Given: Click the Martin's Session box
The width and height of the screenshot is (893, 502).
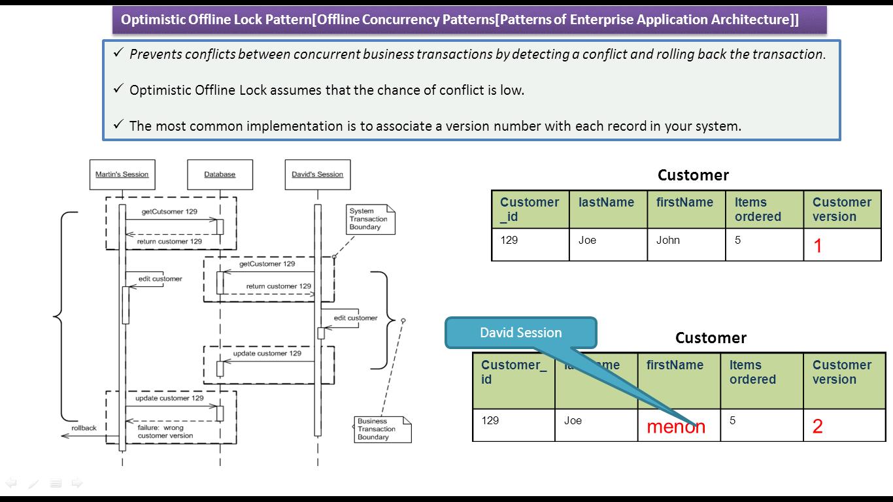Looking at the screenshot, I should [122, 175].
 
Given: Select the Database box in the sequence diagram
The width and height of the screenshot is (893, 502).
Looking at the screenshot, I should [220, 175].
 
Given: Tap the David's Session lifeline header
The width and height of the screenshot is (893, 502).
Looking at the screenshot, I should [318, 175].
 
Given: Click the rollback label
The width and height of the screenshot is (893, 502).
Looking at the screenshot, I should [84, 428].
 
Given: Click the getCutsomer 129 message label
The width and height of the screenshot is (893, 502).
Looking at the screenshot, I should [169, 212].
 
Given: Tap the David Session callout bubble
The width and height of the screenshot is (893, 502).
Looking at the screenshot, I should [520, 333].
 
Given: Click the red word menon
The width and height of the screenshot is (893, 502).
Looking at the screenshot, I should [676, 427].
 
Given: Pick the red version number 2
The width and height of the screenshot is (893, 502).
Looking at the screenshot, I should [817, 427].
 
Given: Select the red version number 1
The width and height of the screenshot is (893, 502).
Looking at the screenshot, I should [817, 246].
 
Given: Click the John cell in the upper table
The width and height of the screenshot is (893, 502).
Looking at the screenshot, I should [668, 241].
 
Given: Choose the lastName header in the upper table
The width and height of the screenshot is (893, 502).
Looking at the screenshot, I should [606, 203].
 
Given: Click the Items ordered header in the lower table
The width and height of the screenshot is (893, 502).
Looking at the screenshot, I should [752, 373].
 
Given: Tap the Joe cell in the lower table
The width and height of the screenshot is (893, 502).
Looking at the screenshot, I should [573, 421].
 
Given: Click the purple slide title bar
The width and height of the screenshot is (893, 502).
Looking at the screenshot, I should [469, 20].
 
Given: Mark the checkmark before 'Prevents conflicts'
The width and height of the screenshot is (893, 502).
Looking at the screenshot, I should [118, 54].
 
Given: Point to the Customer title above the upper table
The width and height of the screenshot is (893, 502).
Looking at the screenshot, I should [693, 175].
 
